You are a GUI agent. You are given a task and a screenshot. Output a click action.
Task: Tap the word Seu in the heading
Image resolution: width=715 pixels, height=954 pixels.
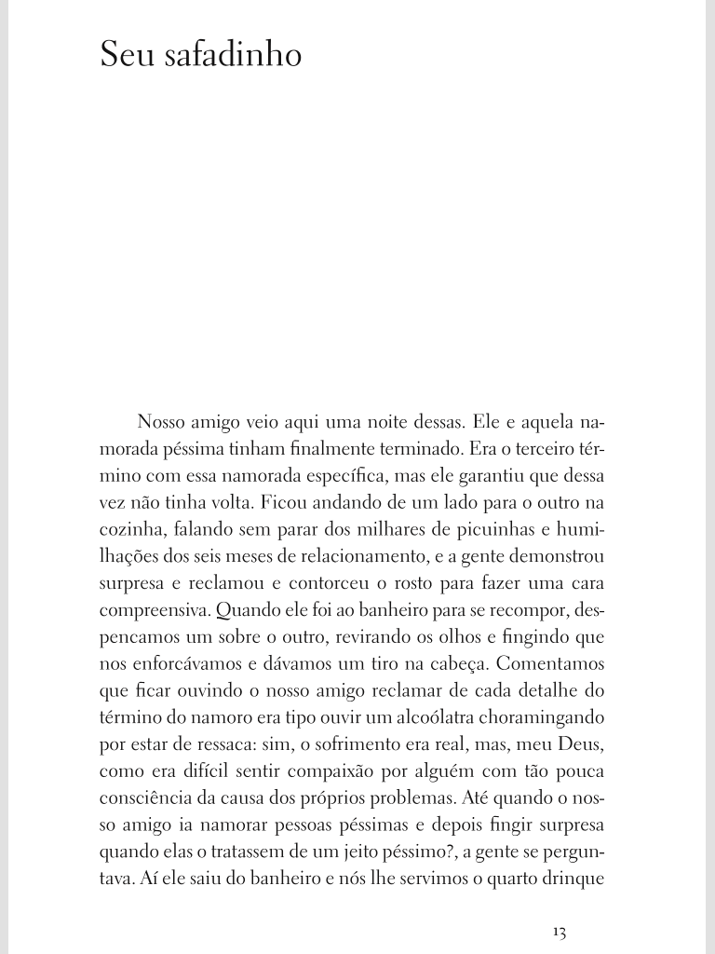126,55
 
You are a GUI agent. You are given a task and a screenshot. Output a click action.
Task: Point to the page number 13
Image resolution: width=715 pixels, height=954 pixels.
559,932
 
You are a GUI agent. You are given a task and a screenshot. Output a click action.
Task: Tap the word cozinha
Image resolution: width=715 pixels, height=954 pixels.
127,530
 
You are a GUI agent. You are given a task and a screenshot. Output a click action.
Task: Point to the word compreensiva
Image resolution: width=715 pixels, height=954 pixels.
154,611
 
